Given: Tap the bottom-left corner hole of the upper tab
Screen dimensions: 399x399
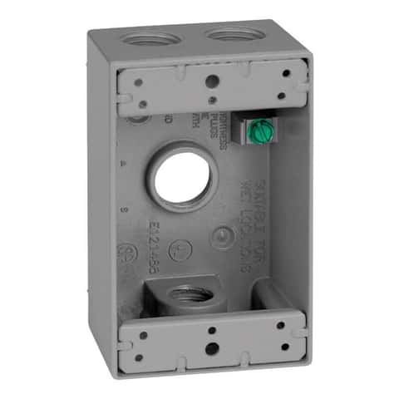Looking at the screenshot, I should pyautogui.click(x=142, y=103).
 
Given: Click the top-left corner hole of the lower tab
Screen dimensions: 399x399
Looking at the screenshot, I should pyautogui.click(x=142, y=335).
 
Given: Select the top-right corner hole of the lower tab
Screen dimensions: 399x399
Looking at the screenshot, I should pyautogui.click(x=281, y=325).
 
